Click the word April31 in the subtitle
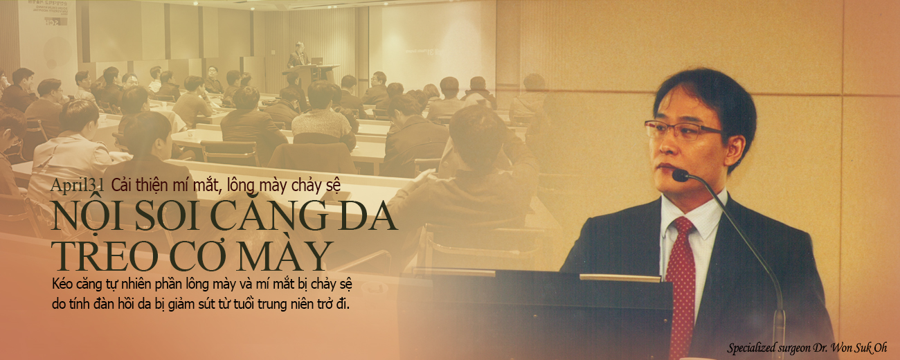78,185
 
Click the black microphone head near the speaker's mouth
681,174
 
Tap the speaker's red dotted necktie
681,281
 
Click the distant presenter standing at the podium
298,55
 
